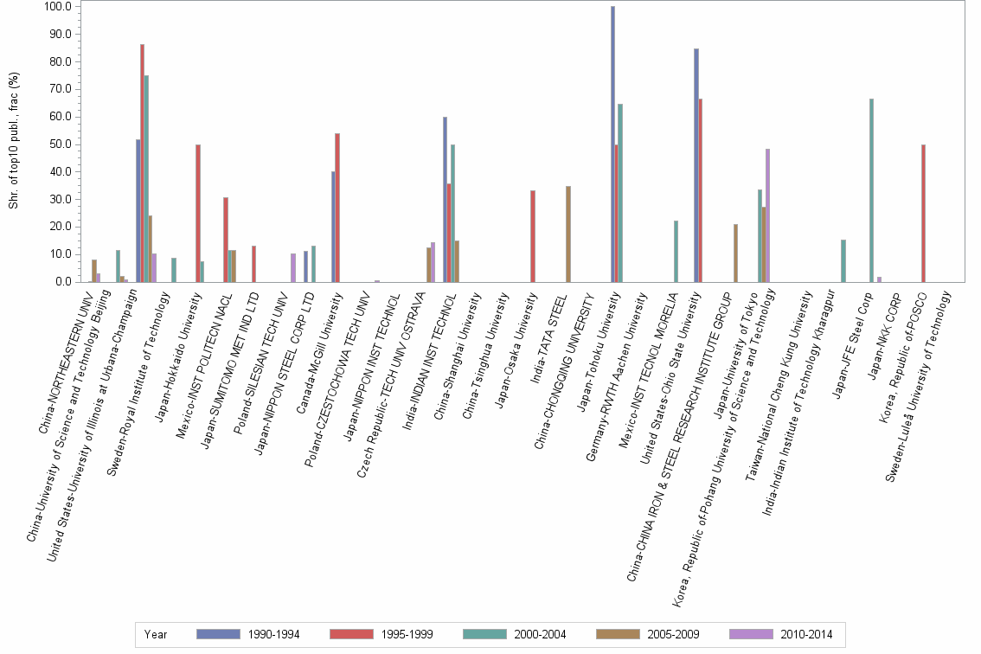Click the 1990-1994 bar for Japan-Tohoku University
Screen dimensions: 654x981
coord(612,144)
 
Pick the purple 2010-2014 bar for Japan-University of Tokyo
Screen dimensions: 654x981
coord(768,215)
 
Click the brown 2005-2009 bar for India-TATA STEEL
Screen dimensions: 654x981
coord(567,234)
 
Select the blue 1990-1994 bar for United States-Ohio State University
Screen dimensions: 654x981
coord(696,165)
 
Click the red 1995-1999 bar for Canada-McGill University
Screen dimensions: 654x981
coord(337,208)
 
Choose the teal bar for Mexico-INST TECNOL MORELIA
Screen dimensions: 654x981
coord(675,251)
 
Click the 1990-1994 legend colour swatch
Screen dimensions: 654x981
coord(217,634)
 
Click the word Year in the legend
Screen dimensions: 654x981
coord(156,634)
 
